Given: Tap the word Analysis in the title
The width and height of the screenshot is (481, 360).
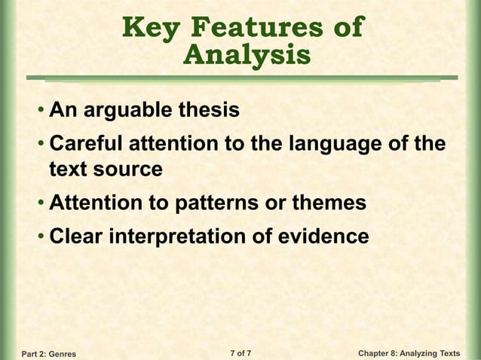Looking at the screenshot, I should coord(247,56).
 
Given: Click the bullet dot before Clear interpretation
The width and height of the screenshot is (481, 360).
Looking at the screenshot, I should coord(41,238).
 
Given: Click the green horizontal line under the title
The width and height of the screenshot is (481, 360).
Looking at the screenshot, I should coord(242,77).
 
